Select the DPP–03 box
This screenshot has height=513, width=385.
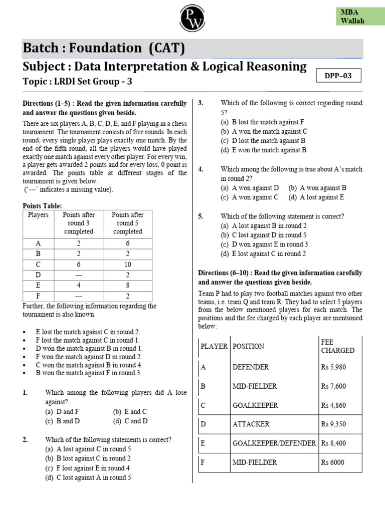(x=339, y=76)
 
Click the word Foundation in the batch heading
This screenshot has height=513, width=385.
(x=106, y=48)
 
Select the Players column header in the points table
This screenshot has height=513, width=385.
(x=39, y=215)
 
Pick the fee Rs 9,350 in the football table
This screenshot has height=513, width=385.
(x=333, y=424)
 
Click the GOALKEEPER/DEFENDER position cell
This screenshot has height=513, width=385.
(x=274, y=443)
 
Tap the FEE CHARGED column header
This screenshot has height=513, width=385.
(x=337, y=346)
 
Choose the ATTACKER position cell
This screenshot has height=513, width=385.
(x=251, y=424)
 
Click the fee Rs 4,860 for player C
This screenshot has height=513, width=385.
(x=333, y=405)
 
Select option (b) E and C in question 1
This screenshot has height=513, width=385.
(x=130, y=411)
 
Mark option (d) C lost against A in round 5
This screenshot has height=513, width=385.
(x=88, y=477)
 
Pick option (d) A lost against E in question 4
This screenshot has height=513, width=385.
(x=316, y=197)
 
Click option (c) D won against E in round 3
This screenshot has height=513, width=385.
(x=264, y=244)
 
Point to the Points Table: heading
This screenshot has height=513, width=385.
(x=43, y=206)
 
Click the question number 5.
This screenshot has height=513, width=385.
(x=201, y=216)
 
